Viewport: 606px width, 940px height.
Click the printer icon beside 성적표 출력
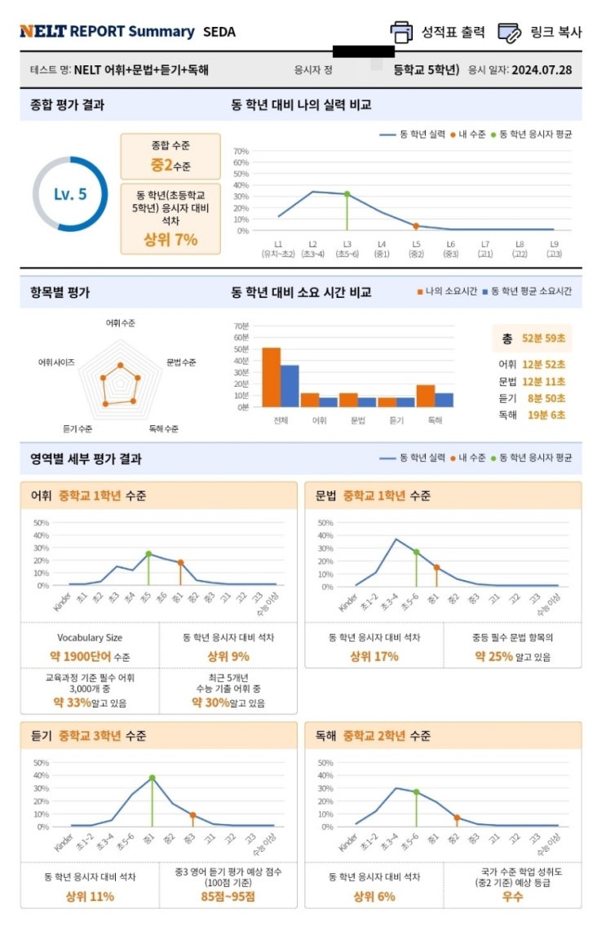[401, 32]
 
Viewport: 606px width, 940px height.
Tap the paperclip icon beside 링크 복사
[510, 32]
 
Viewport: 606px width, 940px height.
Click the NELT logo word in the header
[42, 32]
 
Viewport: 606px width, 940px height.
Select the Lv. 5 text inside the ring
[70, 194]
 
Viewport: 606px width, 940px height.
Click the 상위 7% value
[170, 240]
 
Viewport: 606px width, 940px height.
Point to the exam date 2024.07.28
[542, 70]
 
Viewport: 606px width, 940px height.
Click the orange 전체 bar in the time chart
[271, 377]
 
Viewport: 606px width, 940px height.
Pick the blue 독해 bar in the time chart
[444, 400]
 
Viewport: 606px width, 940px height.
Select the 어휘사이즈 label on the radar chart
[56, 361]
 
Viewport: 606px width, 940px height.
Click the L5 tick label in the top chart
[416, 244]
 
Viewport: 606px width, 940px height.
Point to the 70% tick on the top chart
[241, 151]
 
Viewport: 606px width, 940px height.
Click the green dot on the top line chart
[347, 194]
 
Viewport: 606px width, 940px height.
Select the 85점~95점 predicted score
[228, 896]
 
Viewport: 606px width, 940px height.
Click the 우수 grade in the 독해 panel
[513, 896]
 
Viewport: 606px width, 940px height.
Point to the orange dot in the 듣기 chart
[192, 815]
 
